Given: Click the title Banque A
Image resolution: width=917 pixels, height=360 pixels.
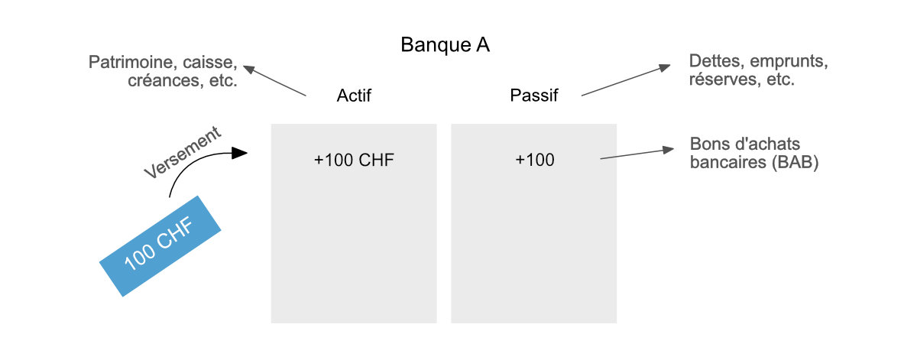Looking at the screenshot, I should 445,45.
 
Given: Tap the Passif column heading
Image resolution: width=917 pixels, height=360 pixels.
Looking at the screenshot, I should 533,97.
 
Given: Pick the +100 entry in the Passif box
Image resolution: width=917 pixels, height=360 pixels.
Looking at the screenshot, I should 534,161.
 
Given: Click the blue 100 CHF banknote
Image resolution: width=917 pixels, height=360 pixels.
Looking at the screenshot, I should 160,245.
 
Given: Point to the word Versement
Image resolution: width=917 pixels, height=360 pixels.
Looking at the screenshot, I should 183,153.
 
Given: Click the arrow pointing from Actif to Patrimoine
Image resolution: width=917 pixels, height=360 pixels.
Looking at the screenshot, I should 275,81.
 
